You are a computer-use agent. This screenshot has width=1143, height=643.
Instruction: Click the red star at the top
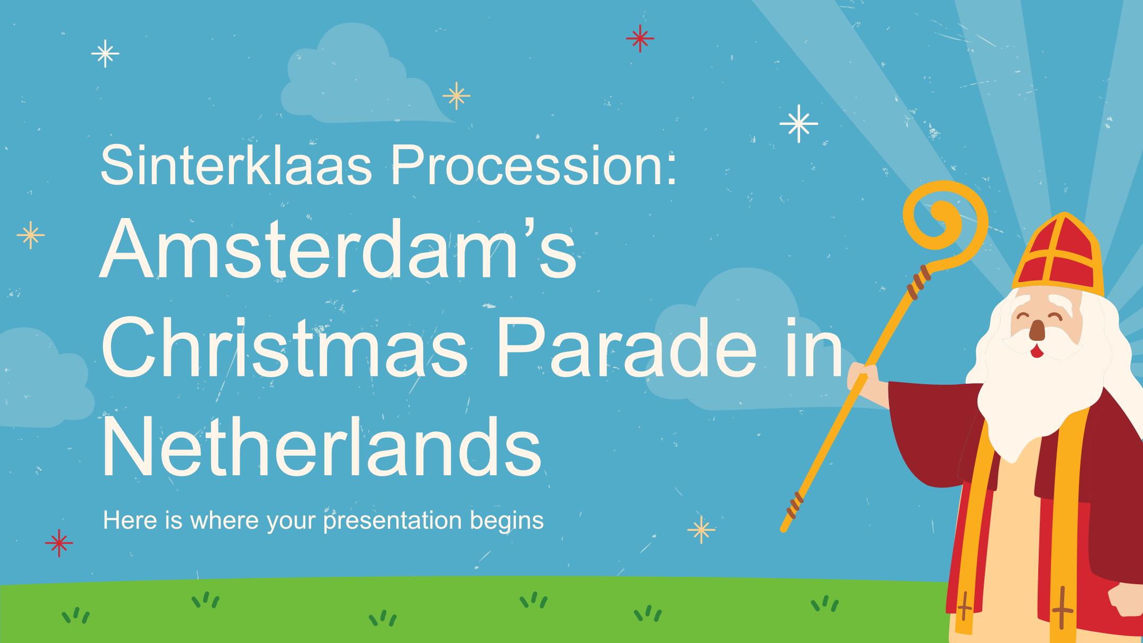coord(640,38)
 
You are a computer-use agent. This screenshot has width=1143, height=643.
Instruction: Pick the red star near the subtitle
coord(59,542)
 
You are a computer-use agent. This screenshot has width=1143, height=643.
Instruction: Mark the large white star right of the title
coord(799,124)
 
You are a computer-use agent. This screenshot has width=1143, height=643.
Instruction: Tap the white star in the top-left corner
coord(105,53)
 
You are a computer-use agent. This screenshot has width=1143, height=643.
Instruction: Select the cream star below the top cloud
coord(456,96)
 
